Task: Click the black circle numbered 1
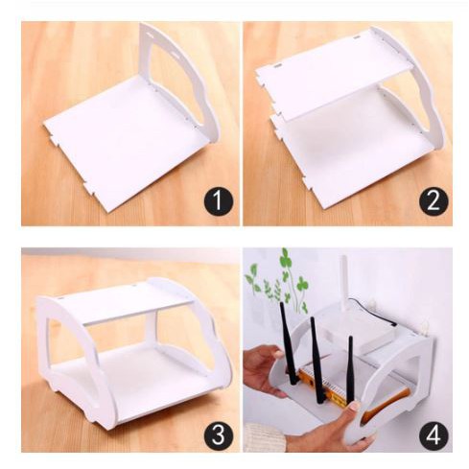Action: [x=219, y=201]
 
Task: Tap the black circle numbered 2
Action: [x=434, y=201]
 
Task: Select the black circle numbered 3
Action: [x=219, y=434]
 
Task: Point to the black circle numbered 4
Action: [x=434, y=434]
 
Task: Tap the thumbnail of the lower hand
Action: [x=354, y=407]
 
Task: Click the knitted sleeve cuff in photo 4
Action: [x=264, y=436]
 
